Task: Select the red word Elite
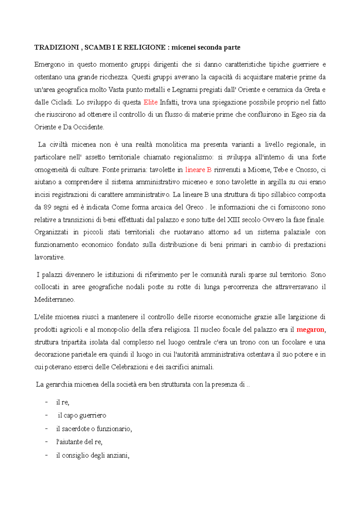(x=151, y=102)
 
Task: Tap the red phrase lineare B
(x=198, y=170)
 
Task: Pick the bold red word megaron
(x=310, y=330)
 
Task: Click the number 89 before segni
(x=47, y=207)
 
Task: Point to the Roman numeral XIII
(x=234, y=220)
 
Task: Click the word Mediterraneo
(x=54, y=299)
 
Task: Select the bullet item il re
(x=63, y=402)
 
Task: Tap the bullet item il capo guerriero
(x=82, y=415)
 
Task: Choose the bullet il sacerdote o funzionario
(x=94, y=429)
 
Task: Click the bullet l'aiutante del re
(x=79, y=442)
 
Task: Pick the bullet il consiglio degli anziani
(x=93, y=455)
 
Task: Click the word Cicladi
(x=62, y=102)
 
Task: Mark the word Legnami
(x=184, y=90)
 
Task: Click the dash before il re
(x=46, y=402)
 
